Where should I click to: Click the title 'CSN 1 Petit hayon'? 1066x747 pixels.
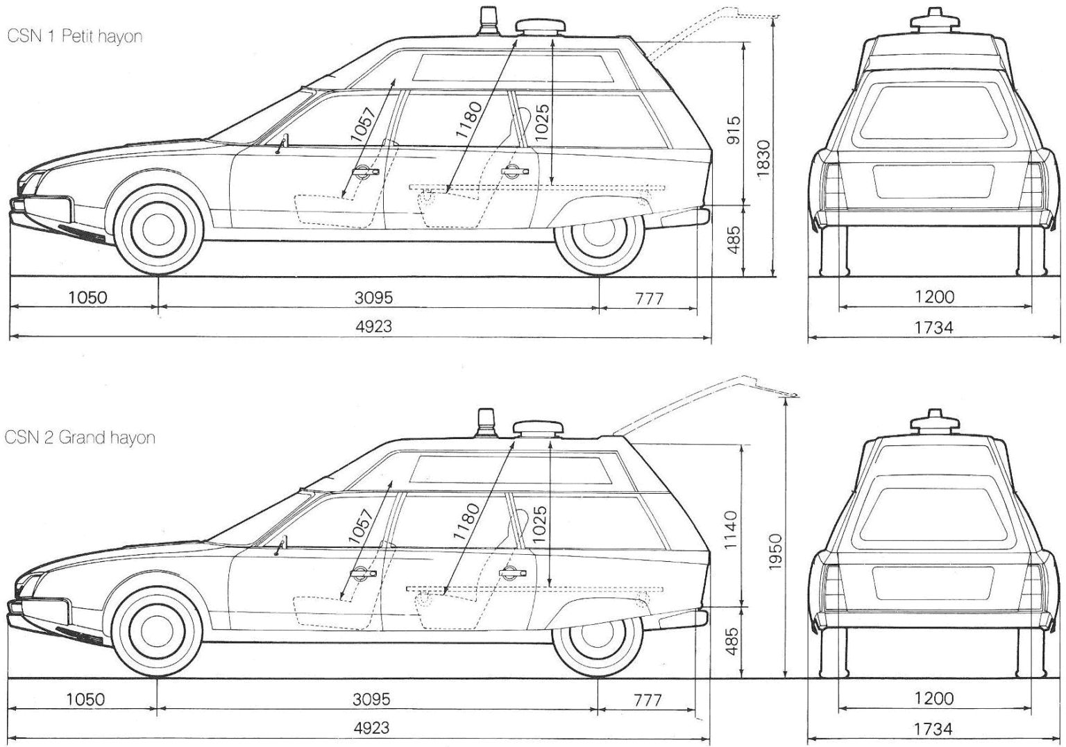click(75, 37)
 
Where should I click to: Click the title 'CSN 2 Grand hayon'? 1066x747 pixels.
click(80, 438)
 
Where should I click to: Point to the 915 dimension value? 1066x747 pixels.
click(734, 130)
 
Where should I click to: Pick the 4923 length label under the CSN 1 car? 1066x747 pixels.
click(373, 326)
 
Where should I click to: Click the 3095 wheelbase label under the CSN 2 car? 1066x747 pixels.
click(372, 699)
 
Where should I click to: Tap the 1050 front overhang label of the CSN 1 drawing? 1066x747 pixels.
click(88, 297)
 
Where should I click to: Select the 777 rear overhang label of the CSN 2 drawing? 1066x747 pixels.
click(648, 700)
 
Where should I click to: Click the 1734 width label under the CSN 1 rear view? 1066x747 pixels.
click(933, 327)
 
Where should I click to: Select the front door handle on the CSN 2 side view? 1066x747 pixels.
click(364, 572)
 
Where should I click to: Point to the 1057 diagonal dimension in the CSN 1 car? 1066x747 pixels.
click(363, 125)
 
